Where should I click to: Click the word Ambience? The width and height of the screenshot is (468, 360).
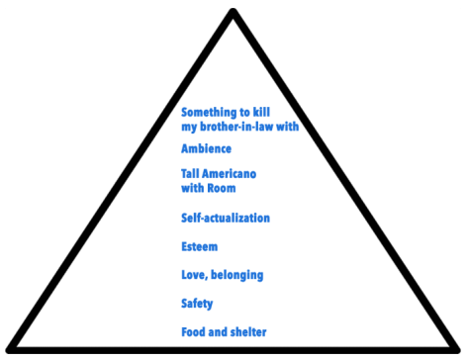pos(206,148)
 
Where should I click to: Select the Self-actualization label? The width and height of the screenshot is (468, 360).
pos(226,218)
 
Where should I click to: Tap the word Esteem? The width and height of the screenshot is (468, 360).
pos(199,246)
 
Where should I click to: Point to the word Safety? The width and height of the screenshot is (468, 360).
pos(197,304)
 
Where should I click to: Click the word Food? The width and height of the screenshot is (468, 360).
pos(195,331)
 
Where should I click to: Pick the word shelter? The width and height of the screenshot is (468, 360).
pos(247,331)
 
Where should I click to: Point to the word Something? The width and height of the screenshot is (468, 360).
pos(212,113)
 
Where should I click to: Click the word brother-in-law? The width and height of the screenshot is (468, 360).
pos(239,127)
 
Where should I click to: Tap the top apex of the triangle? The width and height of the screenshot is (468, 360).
pos(234,13)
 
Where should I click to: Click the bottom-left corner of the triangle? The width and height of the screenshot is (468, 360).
pos(10,349)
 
